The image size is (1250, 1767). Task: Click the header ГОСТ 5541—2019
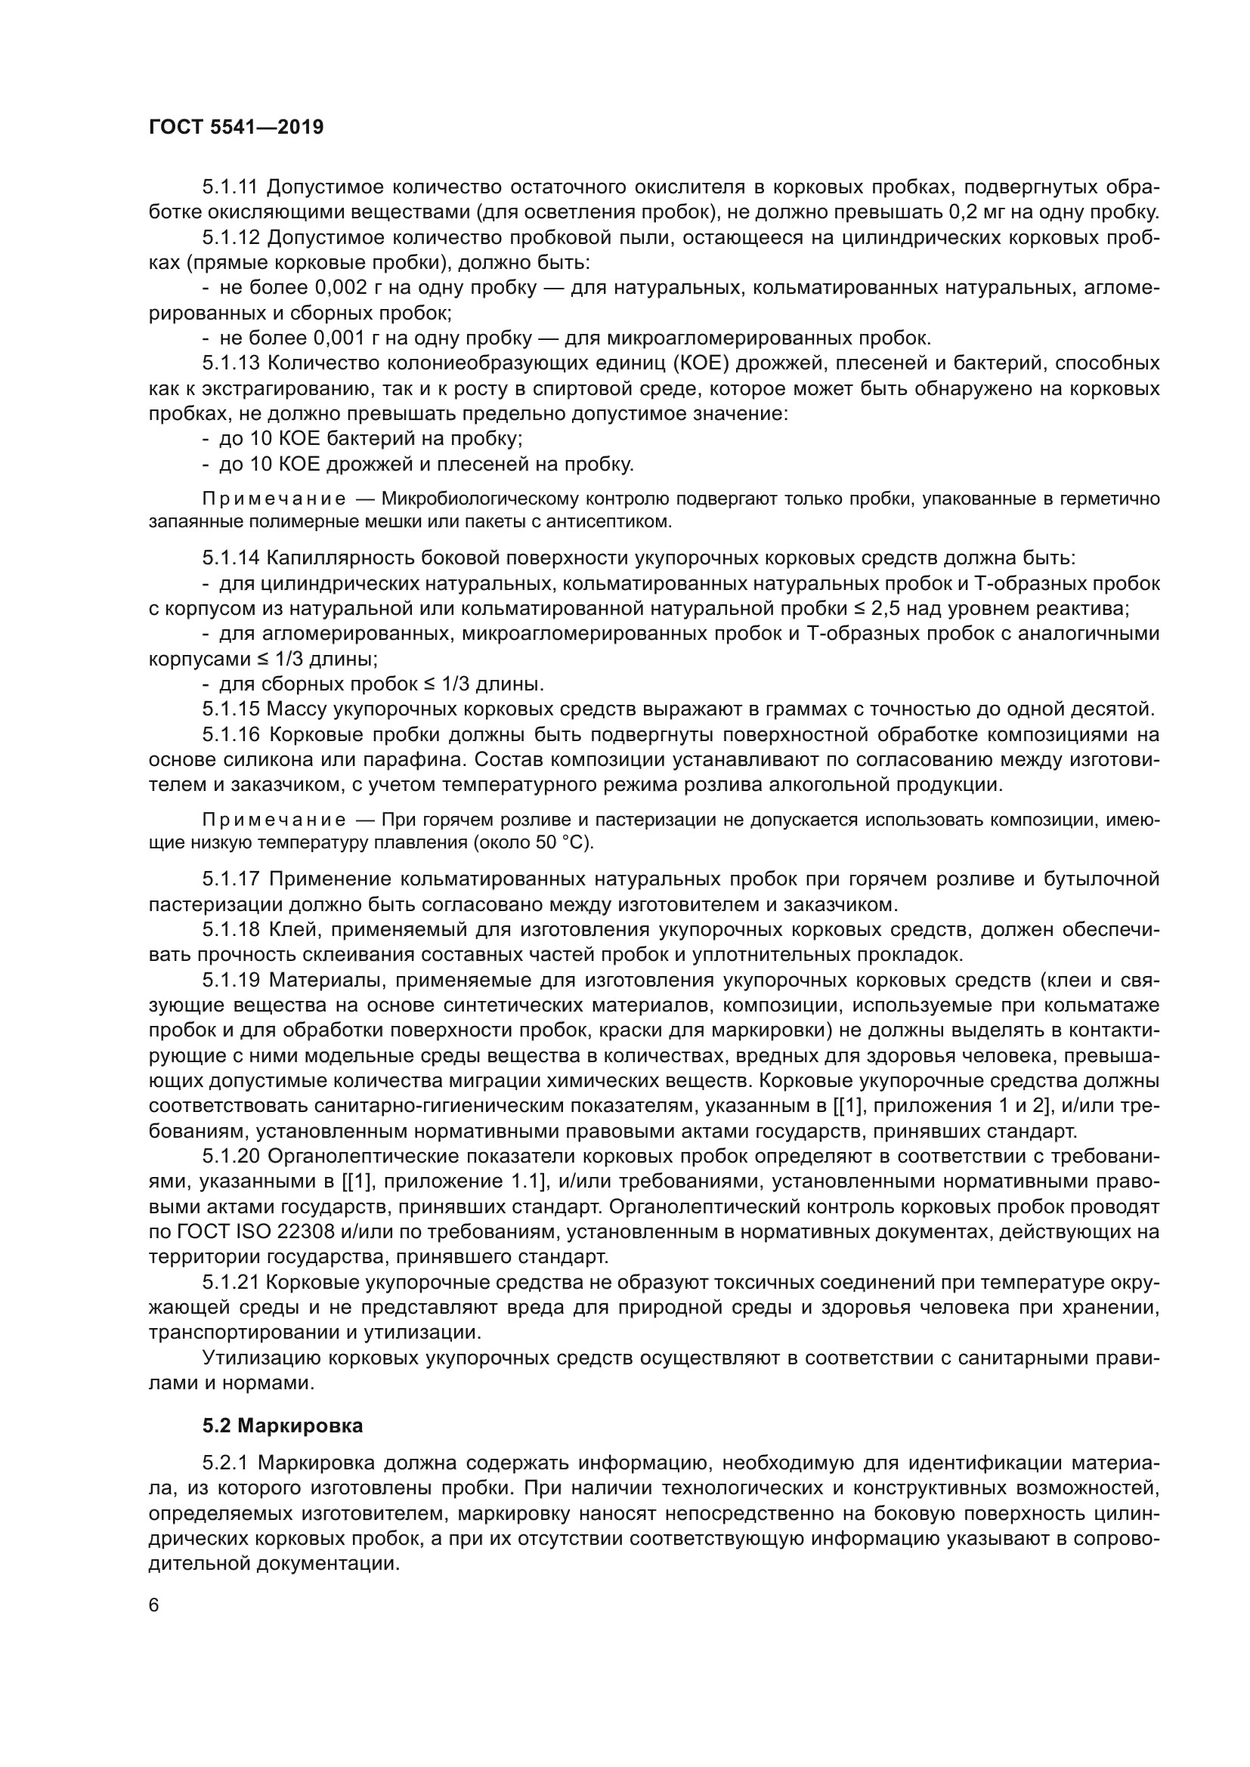(236, 127)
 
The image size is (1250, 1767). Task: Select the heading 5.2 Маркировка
(283, 1426)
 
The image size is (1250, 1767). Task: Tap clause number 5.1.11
(234, 187)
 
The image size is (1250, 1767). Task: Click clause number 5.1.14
(234, 558)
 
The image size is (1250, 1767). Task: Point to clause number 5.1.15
(234, 709)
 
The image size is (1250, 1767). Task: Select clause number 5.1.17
(234, 879)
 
